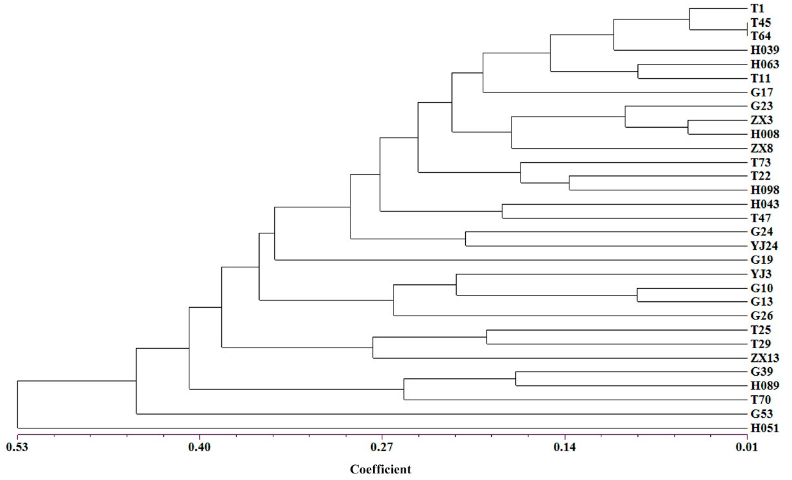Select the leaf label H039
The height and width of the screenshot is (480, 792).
765,50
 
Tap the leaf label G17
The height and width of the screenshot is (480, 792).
762,92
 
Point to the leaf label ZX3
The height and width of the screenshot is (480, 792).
762,120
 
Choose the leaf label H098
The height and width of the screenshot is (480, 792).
765,190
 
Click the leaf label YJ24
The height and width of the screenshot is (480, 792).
764,246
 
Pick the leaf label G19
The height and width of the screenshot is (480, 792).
762,260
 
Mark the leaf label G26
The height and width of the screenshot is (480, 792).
762,316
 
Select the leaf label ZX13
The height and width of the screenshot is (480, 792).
765,358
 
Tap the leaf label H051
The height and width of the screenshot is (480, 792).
765,428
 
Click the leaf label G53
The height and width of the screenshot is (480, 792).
762,414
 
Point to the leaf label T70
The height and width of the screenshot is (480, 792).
761,400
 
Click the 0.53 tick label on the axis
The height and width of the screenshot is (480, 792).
17,447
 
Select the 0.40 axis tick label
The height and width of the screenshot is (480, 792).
200,447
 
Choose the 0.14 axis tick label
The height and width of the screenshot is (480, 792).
565,447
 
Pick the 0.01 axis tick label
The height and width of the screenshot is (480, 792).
747,447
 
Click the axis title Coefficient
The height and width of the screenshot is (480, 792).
380,469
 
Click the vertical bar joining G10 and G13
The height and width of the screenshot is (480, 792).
637,295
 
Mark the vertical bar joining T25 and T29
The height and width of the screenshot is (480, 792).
487,337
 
